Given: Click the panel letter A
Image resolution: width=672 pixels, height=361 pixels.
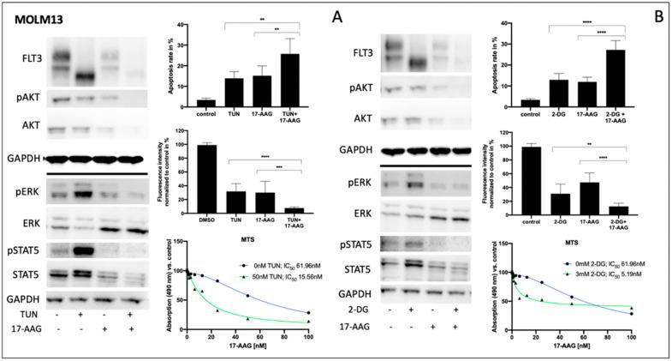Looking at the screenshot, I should click(339, 16).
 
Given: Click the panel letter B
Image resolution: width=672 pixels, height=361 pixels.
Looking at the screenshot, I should click(659, 16).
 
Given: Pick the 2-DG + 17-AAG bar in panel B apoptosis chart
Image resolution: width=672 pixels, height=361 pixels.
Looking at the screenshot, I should click(613, 75).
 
